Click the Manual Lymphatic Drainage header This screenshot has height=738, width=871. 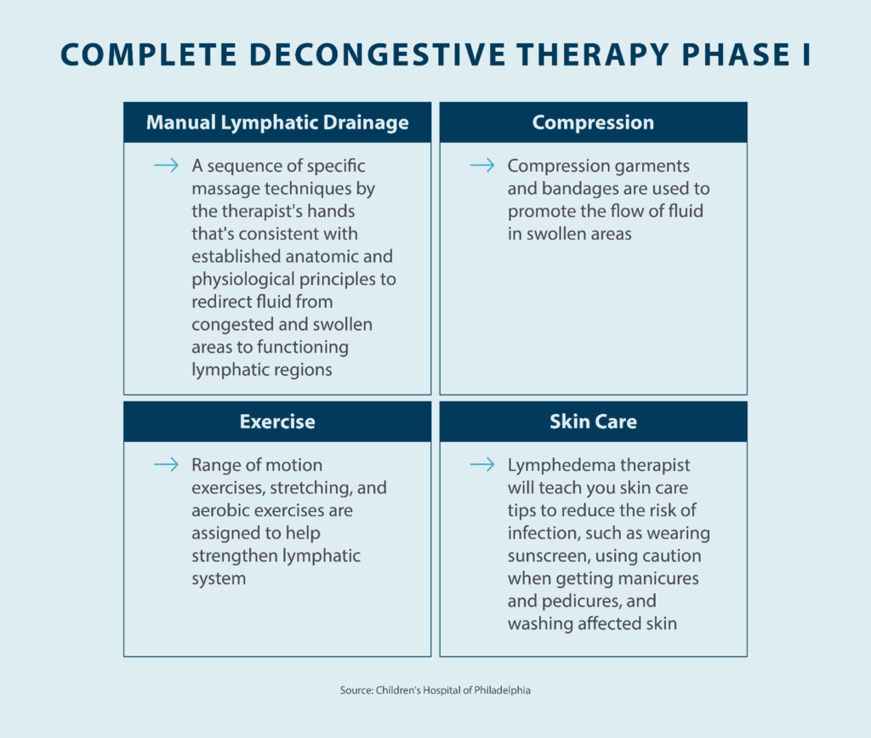pos(277,122)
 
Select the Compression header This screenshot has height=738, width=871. pos(593,122)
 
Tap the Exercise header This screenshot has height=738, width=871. pos(277,422)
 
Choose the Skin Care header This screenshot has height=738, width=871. pos(593,422)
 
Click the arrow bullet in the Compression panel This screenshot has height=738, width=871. pos(481,165)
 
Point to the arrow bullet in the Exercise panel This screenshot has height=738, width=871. pos(166,465)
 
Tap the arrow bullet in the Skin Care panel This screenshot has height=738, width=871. pos(481,465)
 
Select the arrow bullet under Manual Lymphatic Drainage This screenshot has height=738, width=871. pos(166,165)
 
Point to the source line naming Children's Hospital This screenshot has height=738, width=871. pos(435,690)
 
